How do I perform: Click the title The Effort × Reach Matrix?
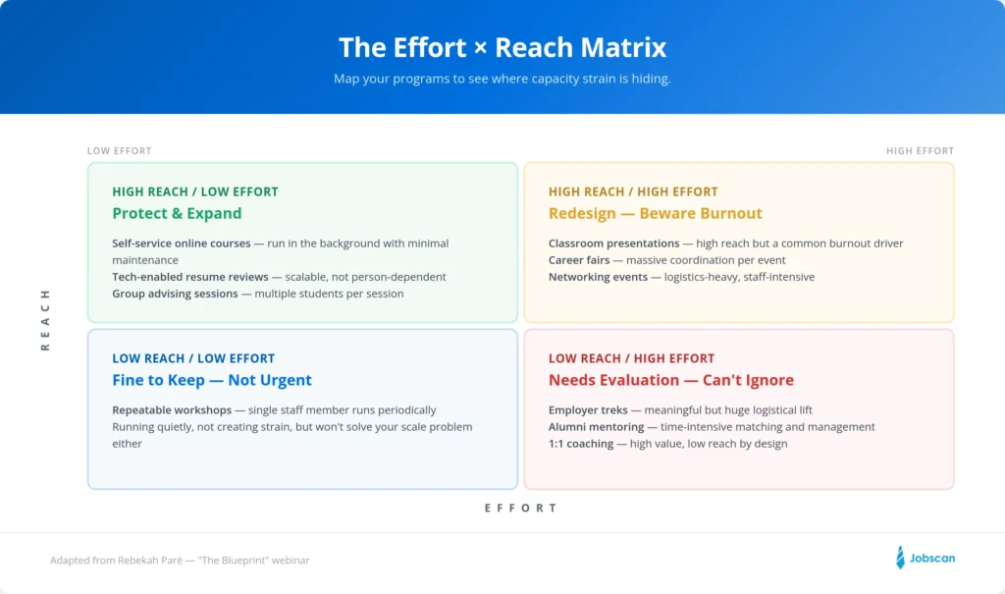click(502, 47)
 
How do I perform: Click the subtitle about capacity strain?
click(502, 79)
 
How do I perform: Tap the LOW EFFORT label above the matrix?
click(120, 151)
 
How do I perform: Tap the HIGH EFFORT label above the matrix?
click(920, 151)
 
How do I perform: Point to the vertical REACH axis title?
click(45, 320)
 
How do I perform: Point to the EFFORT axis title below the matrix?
click(521, 509)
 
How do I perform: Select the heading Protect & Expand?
click(177, 214)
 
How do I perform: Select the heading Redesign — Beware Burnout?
click(655, 214)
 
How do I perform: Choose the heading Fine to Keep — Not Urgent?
click(212, 381)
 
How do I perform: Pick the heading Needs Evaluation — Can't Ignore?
click(670, 381)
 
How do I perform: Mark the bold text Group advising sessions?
click(175, 294)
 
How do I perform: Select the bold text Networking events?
click(598, 277)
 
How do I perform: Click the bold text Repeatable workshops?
click(172, 410)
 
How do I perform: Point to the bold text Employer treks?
click(588, 410)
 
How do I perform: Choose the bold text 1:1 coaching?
click(580, 444)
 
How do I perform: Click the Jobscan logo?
click(925, 558)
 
